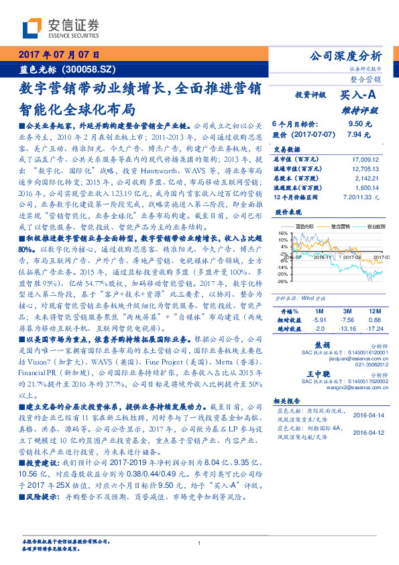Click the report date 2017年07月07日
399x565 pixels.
tap(58, 54)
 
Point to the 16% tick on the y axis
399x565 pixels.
tap(283, 233)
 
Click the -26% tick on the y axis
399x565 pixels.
tap(282, 281)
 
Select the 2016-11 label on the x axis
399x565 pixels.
tap(324, 256)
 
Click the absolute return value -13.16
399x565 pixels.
tap(347, 329)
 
